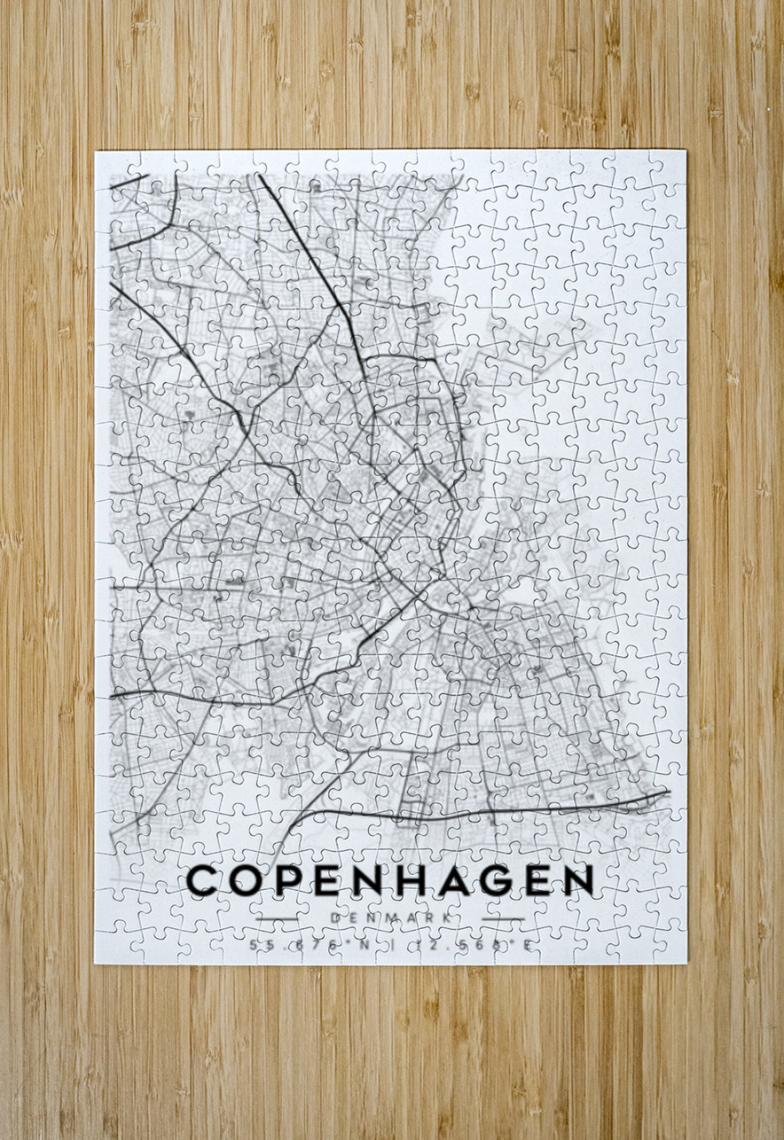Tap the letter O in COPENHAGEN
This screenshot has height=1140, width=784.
[246, 880]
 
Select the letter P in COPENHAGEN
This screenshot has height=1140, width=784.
[286, 880]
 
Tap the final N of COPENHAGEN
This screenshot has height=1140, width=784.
[577, 880]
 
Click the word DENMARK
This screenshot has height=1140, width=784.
[388, 918]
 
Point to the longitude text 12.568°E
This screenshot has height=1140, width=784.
[480, 945]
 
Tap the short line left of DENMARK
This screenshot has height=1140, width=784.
[278, 918]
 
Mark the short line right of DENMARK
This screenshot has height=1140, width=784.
[502, 918]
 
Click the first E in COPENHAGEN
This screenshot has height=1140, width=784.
[323, 880]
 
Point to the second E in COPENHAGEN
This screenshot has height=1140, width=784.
[534, 880]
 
